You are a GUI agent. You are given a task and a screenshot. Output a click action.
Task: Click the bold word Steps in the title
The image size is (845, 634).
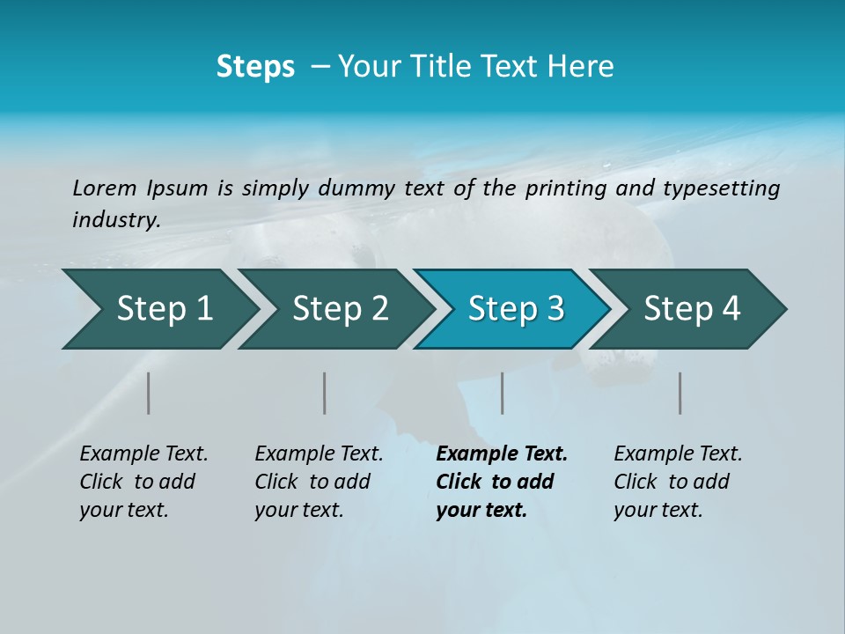tap(255, 67)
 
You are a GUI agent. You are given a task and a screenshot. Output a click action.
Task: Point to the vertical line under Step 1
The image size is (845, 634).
tap(149, 393)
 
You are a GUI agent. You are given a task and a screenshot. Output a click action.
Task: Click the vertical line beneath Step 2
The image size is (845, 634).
tap(325, 393)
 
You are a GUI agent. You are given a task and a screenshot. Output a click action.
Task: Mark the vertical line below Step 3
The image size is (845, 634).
tap(503, 393)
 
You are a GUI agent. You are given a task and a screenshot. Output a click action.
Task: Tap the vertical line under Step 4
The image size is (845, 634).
tap(680, 393)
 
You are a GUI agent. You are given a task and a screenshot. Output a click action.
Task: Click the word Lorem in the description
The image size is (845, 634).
tap(105, 188)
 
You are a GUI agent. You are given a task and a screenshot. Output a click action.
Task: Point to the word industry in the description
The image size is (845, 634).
tap(115, 220)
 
